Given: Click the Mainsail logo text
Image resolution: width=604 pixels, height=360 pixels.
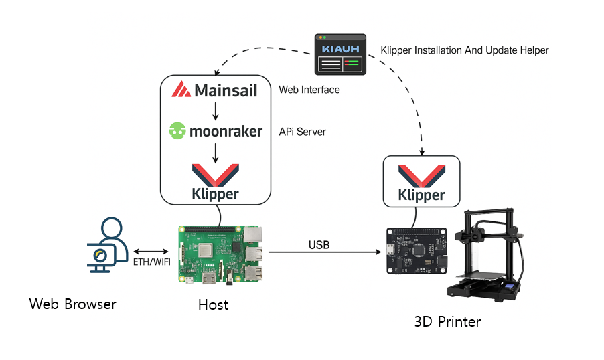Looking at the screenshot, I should click(x=216, y=90).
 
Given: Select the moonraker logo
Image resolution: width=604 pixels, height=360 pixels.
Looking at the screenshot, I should click(x=215, y=131).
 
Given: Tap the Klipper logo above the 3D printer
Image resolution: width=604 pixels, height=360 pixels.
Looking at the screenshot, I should click(x=421, y=181).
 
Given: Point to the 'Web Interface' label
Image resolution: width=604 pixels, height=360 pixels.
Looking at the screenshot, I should click(x=309, y=90).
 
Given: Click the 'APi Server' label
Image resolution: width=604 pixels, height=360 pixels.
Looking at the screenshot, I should click(x=303, y=132).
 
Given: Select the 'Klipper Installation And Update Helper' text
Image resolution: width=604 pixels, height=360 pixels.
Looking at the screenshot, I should click(x=464, y=50).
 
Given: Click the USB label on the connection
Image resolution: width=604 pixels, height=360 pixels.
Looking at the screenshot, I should click(x=319, y=245).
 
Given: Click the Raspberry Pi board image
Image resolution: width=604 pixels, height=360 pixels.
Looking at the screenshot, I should click(x=222, y=254).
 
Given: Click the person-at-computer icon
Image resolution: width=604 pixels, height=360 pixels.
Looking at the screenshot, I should click(x=107, y=244).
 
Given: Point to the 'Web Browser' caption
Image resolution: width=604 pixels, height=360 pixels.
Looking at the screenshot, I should click(x=73, y=304).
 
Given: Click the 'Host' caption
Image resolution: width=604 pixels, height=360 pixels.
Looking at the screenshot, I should click(x=213, y=305).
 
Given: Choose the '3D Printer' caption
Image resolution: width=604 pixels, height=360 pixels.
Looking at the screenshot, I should click(x=447, y=322).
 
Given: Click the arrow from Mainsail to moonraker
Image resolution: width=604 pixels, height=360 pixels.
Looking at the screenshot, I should click(x=215, y=110).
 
